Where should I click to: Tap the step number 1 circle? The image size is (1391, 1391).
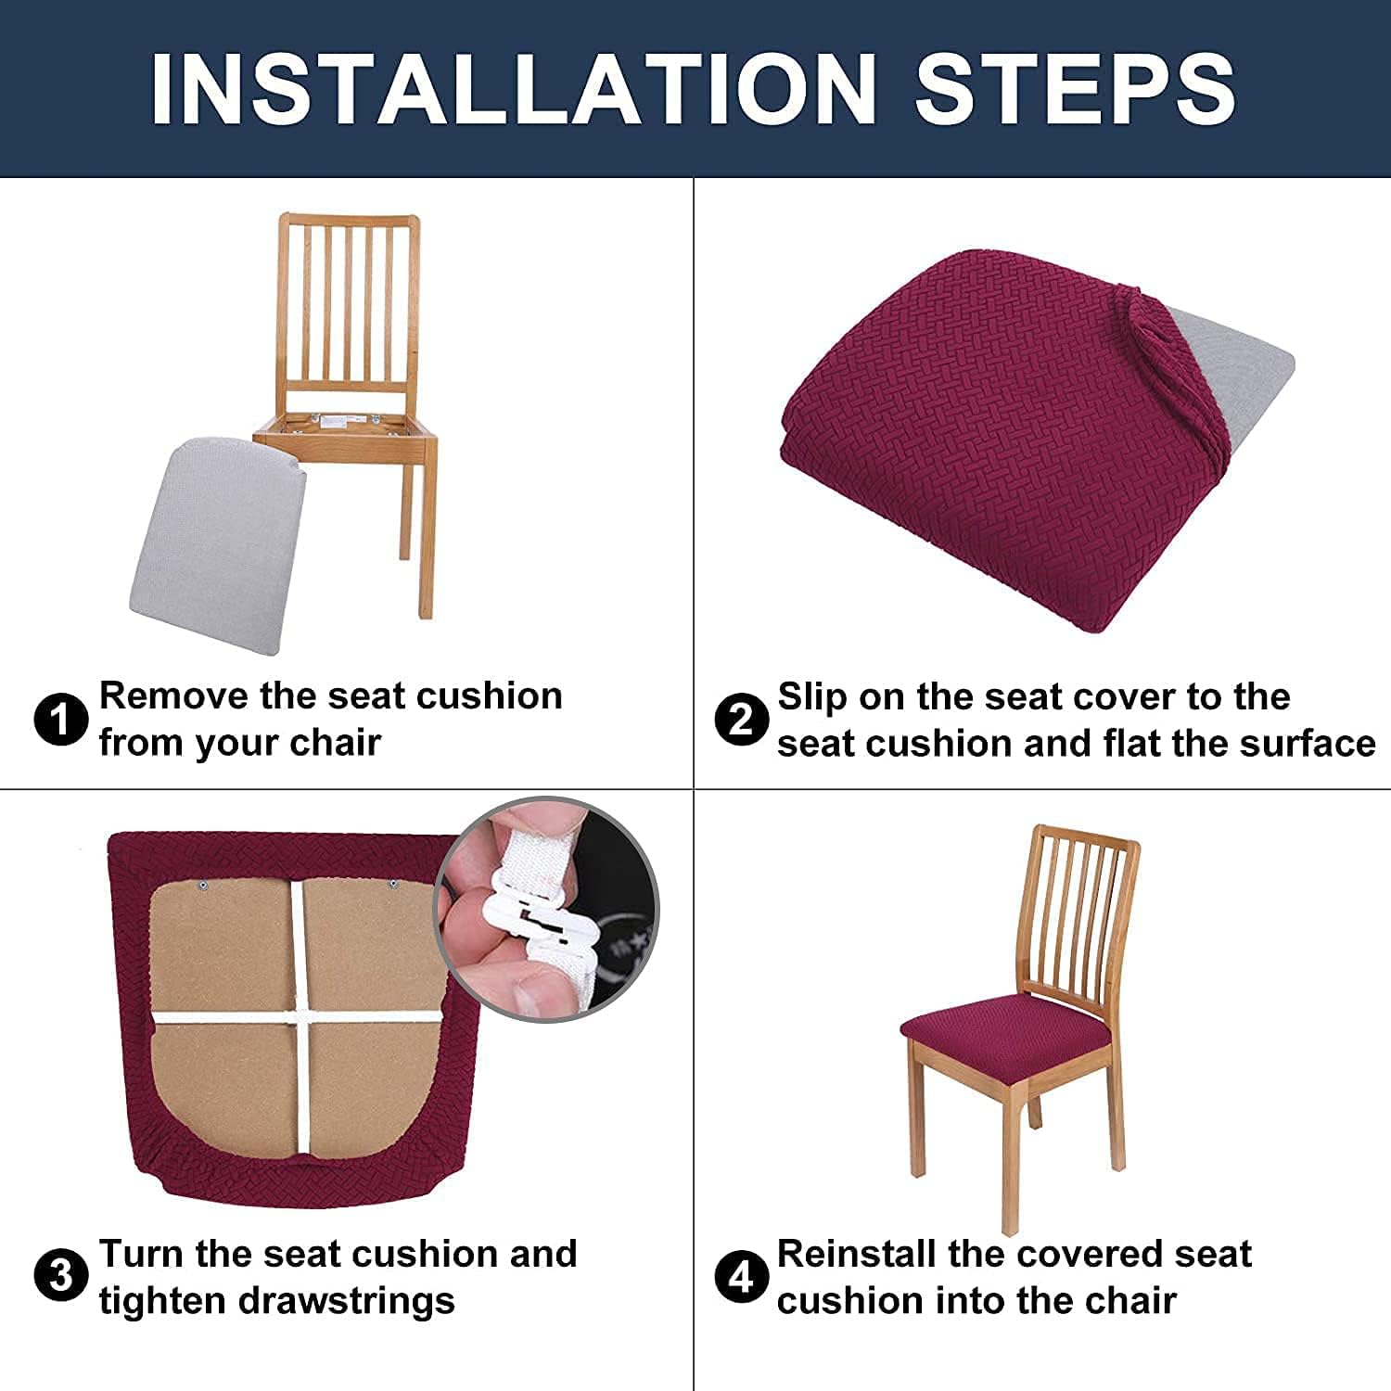coord(61,720)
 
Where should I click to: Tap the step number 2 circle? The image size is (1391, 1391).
coord(742,720)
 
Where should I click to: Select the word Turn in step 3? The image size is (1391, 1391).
coord(141,1254)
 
